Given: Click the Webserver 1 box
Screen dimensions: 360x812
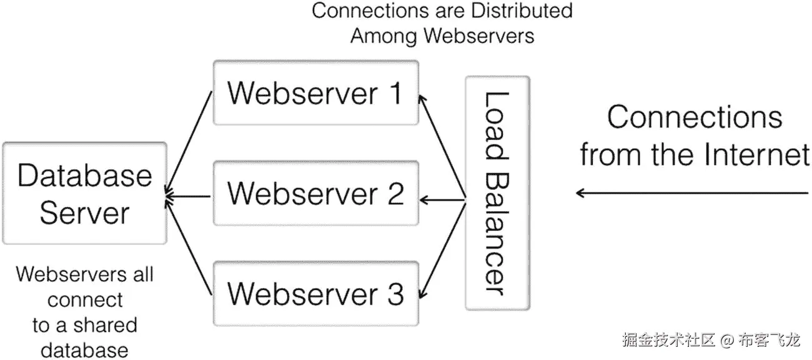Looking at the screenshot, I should click(x=315, y=92).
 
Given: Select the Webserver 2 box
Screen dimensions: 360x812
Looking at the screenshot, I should click(x=315, y=193).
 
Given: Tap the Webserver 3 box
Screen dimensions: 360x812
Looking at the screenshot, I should click(x=315, y=293).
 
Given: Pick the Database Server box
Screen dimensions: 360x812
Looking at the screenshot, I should click(x=84, y=193).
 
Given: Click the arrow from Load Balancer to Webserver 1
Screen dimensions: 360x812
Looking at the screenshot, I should click(x=443, y=147).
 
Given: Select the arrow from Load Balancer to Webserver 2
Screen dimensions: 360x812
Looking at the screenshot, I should click(x=443, y=200).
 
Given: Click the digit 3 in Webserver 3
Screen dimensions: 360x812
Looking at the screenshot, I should click(x=394, y=294).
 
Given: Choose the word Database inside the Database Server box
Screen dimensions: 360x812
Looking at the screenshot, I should click(x=84, y=176).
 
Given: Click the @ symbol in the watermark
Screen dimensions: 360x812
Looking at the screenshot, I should click(x=726, y=341).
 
